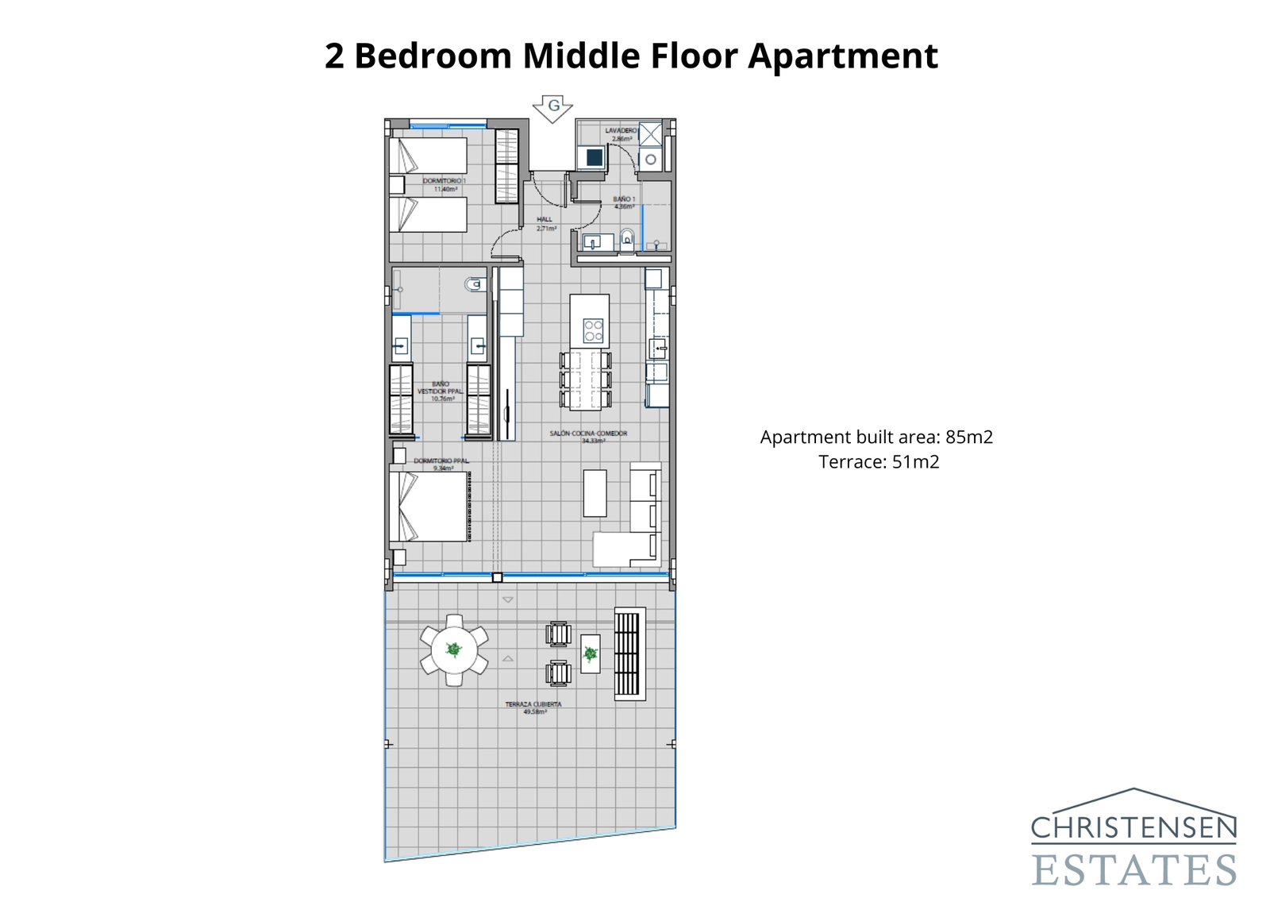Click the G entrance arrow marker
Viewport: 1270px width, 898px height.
pos(552,107)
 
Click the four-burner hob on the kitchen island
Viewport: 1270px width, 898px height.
pos(593,330)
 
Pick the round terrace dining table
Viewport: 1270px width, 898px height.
pos(454,650)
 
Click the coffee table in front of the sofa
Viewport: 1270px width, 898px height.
pos(595,493)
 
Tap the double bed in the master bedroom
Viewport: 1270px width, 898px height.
pos(433,507)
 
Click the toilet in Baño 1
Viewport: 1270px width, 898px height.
pos(627,238)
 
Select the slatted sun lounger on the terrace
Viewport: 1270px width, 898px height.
pos(629,653)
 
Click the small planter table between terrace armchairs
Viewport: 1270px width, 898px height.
pos(590,653)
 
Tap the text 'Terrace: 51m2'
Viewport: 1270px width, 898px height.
pos(879,462)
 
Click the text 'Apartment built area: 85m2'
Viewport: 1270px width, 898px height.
pos(876,437)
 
